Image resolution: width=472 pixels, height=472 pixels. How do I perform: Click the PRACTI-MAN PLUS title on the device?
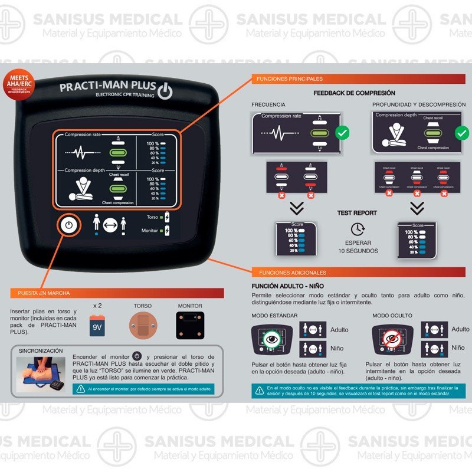point(108,88)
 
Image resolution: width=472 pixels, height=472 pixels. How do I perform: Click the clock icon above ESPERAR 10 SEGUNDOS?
point(358,229)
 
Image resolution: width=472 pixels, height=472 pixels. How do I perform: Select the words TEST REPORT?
point(357,213)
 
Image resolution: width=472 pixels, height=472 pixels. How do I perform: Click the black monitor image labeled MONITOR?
point(191,325)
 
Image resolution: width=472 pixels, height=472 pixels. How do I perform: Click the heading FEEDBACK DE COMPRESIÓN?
point(354,93)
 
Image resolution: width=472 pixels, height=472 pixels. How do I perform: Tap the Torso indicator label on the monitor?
point(152,217)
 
